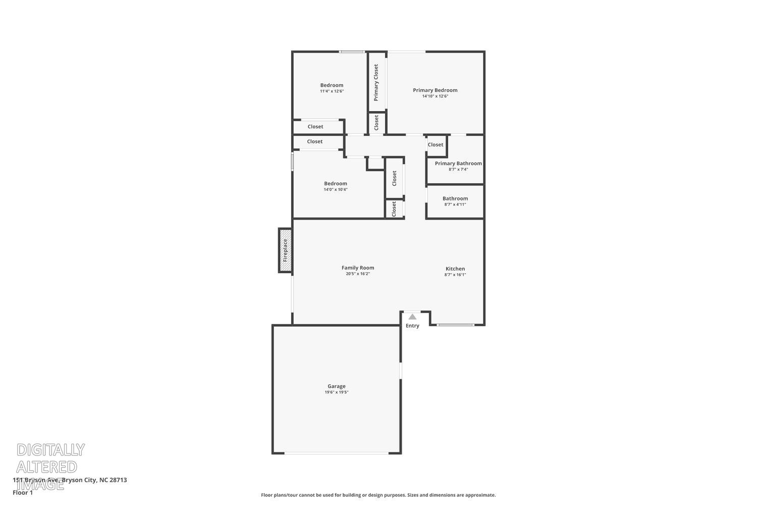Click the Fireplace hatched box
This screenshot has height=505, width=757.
(x=285, y=250)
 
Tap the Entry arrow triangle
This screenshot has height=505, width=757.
(x=412, y=317)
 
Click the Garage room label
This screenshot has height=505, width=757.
(x=337, y=386)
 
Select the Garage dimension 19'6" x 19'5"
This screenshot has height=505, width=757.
(x=337, y=392)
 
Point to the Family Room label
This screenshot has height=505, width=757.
(x=358, y=268)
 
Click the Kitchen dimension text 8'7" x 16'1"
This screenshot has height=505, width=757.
(x=455, y=275)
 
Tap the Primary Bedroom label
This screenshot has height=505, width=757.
(x=435, y=90)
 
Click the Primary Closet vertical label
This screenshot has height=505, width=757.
(x=376, y=82)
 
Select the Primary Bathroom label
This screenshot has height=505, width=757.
(x=458, y=163)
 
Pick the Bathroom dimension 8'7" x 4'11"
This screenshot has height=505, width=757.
(x=455, y=205)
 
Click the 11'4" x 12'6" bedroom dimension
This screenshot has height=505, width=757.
(x=332, y=91)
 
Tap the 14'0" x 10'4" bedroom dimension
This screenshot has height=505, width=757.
(x=336, y=190)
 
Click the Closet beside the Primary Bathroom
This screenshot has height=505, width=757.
(x=436, y=144)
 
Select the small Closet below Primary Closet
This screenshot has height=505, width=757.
(x=376, y=123)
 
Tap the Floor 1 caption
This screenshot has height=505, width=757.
(x=23, y=492)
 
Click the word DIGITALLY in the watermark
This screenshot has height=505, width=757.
(x=50, y=449)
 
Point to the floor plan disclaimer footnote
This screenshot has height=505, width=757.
(x=378, y=495)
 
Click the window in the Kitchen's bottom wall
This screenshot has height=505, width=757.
(x=456, y=325)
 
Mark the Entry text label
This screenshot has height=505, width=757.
(x=412, y=326)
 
